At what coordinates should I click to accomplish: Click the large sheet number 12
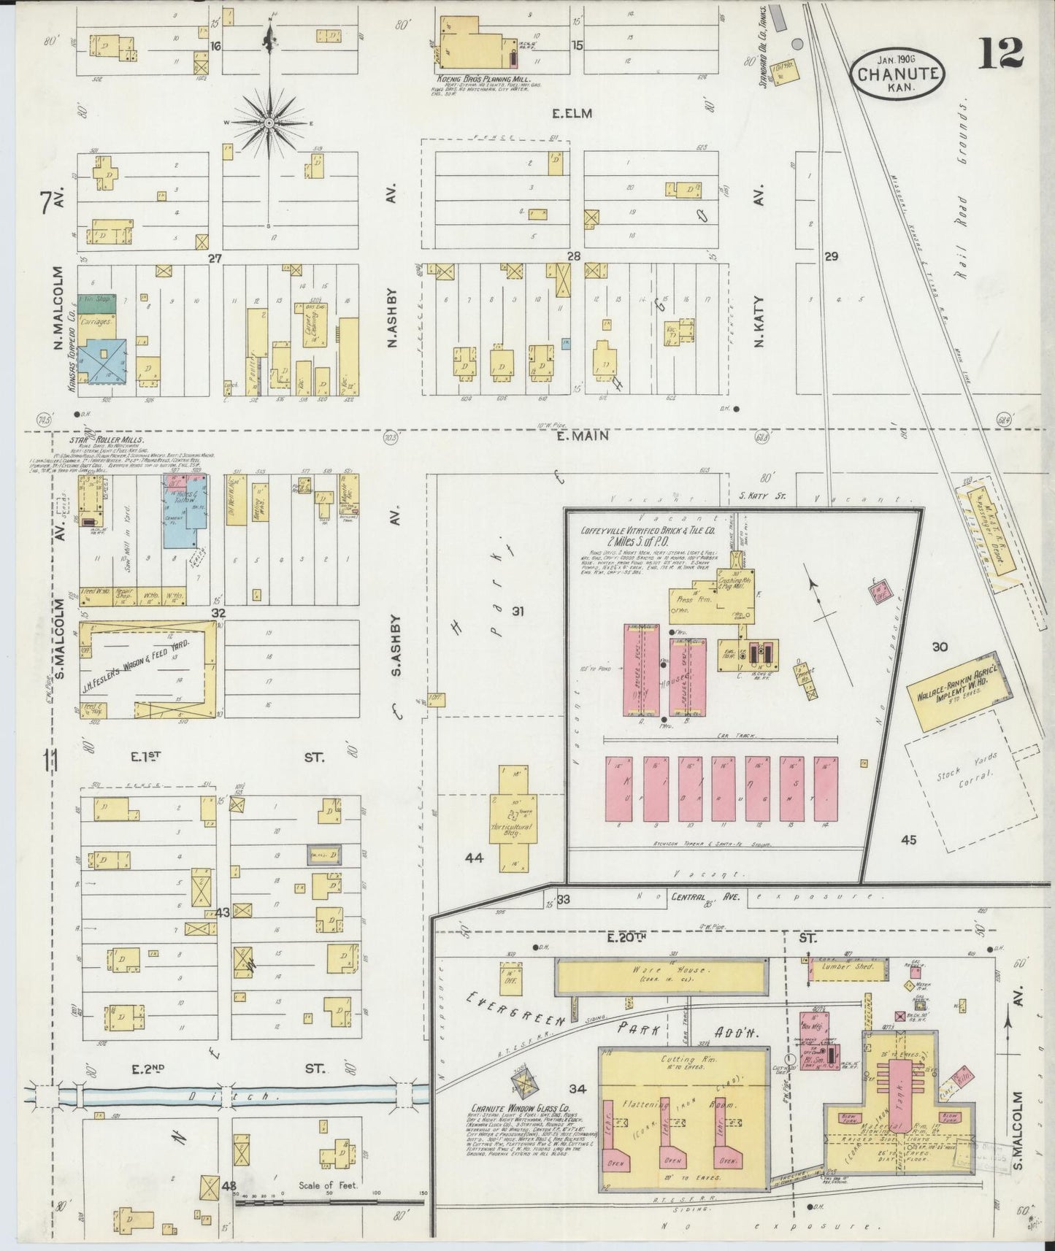(1002, 54)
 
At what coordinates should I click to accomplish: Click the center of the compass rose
(269, 123)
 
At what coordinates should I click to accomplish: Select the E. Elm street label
(574, 113)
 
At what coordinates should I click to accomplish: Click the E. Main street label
(574, 436)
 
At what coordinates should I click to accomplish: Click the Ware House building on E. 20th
(662, 973)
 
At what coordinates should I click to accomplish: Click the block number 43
(222, 912)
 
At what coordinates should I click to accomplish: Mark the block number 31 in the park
(518, 610)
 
